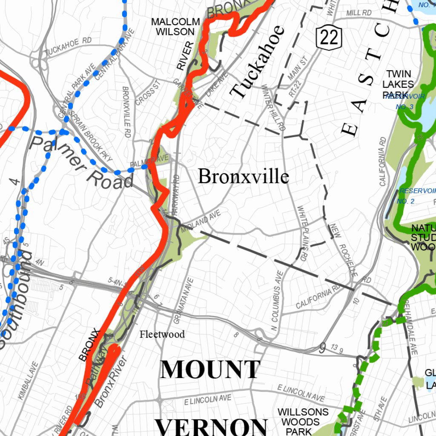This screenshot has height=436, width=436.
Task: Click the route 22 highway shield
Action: pos(330,37)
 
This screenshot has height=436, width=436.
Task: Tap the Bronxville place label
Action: pos(244,176)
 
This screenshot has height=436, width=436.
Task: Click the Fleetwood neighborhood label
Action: pos(162,334)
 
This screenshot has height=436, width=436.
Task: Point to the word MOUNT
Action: pos(210,369)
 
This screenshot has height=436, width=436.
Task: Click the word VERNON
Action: pos(211,426)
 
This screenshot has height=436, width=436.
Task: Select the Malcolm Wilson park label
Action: pos(176,26)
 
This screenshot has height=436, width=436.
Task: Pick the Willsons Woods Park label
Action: pos(303,422)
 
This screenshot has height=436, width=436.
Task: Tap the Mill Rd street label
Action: pos(359,13)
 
